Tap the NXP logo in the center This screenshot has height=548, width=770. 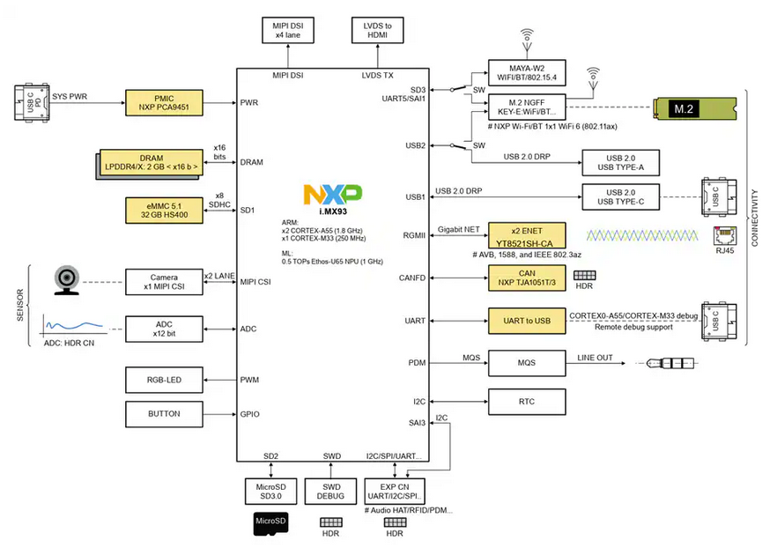pos(331,196)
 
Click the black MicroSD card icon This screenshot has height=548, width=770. pos(270,523)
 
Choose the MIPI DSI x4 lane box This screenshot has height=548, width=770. pos(288,30)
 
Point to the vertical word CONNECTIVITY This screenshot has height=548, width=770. pos(755,218)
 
